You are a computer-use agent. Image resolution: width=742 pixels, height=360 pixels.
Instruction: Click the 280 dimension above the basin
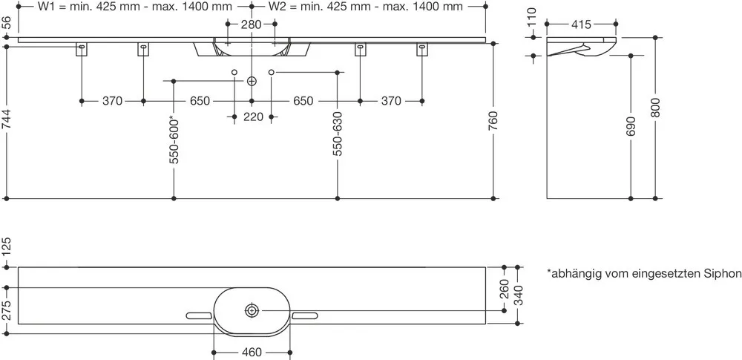coord(251,24)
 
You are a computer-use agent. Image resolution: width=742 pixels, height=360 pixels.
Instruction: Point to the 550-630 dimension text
coord(337,134)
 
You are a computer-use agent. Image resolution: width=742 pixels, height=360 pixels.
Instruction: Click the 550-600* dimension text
coord(174,140)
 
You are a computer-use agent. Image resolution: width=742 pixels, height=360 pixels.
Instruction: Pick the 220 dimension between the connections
coord(253,117)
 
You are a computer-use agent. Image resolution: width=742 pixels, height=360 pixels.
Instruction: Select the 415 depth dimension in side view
coord(581,24)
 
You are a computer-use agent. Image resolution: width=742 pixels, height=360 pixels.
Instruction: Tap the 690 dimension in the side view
coord(631,126)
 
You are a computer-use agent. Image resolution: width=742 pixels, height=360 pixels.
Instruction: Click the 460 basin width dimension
coord(252,353)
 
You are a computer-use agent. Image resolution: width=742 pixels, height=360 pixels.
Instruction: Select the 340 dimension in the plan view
coord(518,295)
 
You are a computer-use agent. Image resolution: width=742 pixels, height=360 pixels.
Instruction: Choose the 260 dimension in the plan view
coord(505,289)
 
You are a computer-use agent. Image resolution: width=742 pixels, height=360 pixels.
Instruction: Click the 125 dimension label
coord(7,246)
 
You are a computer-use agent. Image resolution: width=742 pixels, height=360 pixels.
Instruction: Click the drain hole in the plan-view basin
coord(252,311)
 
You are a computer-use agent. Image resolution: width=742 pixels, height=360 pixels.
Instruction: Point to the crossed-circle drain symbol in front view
coord(252,82)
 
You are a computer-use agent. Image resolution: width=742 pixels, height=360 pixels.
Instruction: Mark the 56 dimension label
coord(7,23)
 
